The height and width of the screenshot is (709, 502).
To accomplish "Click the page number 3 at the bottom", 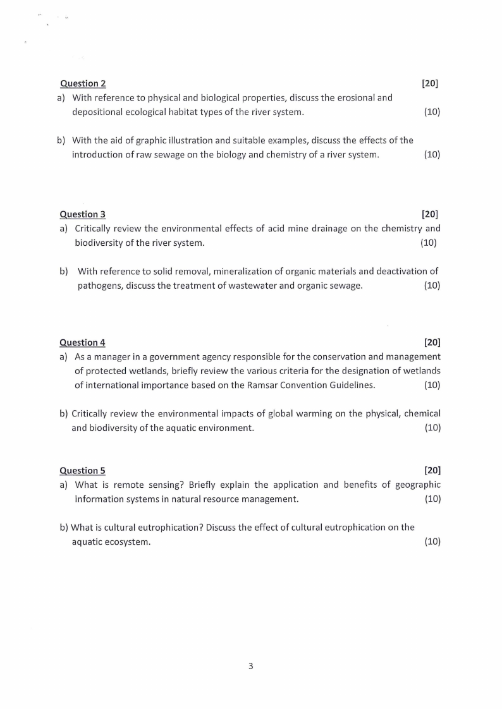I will [x=251, y=666].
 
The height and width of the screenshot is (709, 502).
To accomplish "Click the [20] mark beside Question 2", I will [x=430, y=83].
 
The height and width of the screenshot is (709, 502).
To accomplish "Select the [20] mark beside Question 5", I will [x=432, y=471].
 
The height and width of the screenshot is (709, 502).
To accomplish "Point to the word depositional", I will [x=98, y=112].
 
